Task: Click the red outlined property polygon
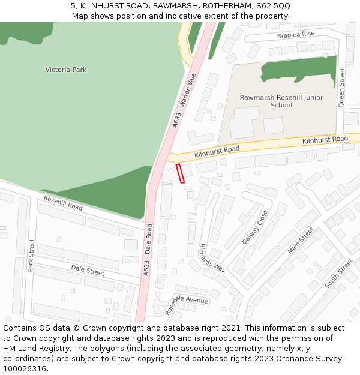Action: pyautogui.click(x=180, y=173)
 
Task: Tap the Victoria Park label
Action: pyautogui.click(x=66, y=70)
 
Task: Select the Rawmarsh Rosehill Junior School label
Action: pyautogui.click(x=281, y=101)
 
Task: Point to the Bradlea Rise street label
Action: pyautogui.click(x=296, y=35)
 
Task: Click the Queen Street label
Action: pyautogui.click(x=342, y=88)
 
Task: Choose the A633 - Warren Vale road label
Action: pyautogui.click(x=185, y=100)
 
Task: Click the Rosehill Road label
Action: pyautogui.click(x=63, y=203)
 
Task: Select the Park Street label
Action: pyautogui.click(x=31, y=255)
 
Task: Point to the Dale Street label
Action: pyautogui.click(x=88, y=270)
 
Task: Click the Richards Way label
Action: pyautogui.click(x=211, y=257)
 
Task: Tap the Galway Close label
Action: pyautogui.click(x=255, y=227)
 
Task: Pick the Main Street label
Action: pyautogui.click(x=301, y=240)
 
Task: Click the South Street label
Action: pyautogui.click(x=338, y=273)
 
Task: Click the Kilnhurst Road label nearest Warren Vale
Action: pyautogui.click(x=217, y=152)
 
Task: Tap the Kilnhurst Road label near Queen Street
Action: pyautogui.click(x=325, y=139)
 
